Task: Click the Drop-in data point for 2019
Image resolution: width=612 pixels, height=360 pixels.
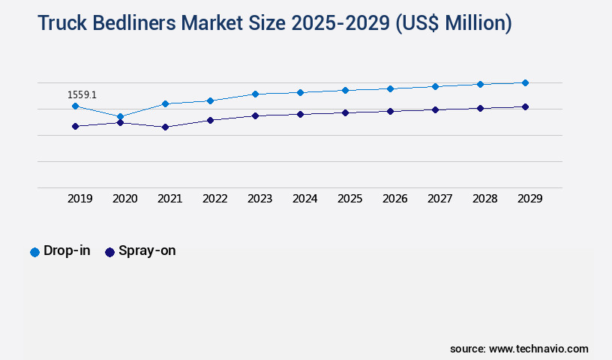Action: pos(75,106)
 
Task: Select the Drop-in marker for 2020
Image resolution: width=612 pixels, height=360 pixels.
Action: pos(120,117)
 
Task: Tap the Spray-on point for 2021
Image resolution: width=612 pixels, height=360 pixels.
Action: pos(165,127)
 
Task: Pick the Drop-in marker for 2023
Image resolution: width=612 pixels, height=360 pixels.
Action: pos(255,94)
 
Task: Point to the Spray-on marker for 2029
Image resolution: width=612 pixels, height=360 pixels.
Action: pos(525,107)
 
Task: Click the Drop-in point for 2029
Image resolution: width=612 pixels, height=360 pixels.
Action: pos(525,82)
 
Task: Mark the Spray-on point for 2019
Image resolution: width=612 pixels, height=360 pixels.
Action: pos(75,126)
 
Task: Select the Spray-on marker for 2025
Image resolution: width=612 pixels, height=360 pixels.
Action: pos(345,112)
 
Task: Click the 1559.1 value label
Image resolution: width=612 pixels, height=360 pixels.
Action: pos(82,95)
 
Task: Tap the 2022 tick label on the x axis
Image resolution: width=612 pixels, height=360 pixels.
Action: pos(214,199)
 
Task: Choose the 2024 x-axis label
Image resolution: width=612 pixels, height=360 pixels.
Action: pos(304,199)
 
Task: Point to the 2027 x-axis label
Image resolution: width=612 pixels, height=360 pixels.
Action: pos(439,199)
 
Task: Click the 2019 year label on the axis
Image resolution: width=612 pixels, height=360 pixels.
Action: pos(79,199)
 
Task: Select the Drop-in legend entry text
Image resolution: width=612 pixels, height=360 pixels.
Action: pos(67,251)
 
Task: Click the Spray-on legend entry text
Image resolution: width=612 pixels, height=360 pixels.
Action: pos(147,251)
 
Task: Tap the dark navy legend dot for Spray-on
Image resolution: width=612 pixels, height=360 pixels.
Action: pos(109,252)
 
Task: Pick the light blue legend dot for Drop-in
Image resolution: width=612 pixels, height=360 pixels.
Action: pos(34,252)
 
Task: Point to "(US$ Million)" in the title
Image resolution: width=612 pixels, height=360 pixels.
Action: pos(452,24)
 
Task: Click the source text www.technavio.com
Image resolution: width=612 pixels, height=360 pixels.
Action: pos(538,349)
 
